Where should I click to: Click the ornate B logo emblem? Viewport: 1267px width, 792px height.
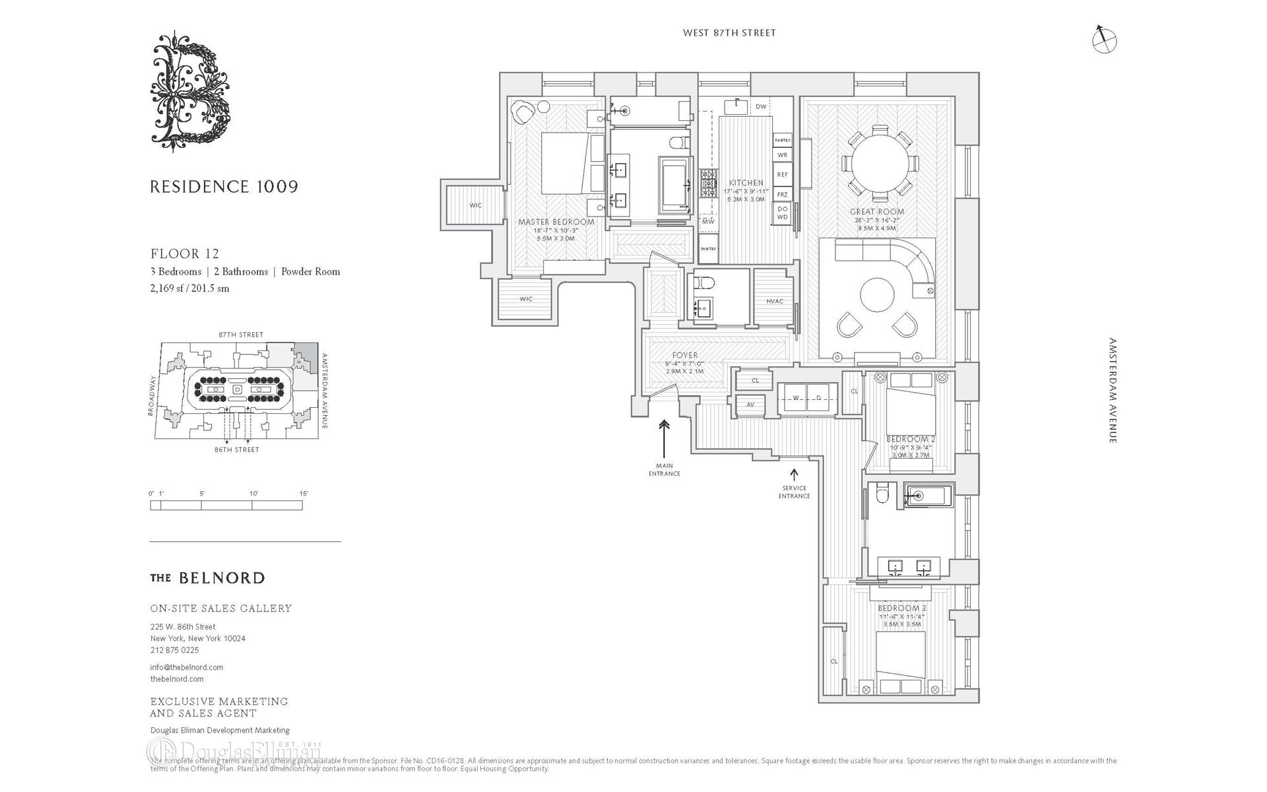point(191,91)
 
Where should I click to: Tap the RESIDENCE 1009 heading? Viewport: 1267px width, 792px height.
point(224,187)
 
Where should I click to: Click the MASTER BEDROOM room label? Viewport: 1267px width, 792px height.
point(556,222)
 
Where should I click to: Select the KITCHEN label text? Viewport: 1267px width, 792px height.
point(746,183)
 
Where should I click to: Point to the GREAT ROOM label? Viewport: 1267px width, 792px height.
point(876,212)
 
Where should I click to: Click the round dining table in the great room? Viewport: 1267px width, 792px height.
point(880,162)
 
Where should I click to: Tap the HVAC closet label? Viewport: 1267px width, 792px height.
point(775,302)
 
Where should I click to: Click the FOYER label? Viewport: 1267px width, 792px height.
point(684,355)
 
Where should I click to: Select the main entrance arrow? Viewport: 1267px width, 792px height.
point(664,434)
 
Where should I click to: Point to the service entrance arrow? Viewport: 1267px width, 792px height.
point(794,475)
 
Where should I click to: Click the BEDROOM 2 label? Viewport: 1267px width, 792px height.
point(911,439)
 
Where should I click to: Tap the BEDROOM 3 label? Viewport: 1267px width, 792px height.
point(901,608)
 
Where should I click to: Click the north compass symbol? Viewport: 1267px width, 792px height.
point(1103,40)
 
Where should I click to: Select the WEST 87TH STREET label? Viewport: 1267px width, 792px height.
point(729,33)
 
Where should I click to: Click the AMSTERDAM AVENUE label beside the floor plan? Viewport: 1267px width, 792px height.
point(1113,391)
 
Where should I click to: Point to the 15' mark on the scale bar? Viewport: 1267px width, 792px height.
point(302,494)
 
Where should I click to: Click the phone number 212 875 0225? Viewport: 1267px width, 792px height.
point(174,650)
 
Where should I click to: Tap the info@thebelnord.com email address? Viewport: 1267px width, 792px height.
point(187,667)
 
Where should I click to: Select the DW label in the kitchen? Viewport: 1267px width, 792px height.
point(761,107)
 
